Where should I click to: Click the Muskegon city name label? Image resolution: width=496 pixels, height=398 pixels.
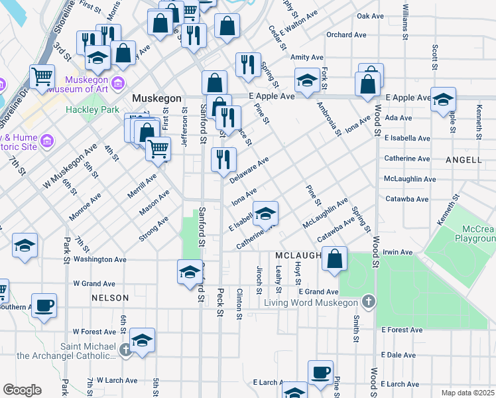click(x=156, y=98)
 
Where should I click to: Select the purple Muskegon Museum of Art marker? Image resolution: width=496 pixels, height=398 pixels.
click(x=119, y=83)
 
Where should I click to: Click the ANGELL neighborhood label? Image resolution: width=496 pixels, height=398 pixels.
click(x=464, y=160)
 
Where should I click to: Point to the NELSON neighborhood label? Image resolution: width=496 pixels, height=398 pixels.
click(x=109, y=298)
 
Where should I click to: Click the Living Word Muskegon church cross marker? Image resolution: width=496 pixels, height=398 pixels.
click(x=369, y=302)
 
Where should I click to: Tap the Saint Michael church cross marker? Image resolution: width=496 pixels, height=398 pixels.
click(x=126, y=348)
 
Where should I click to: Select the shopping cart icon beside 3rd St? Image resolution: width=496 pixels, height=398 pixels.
click(x=42, y=76)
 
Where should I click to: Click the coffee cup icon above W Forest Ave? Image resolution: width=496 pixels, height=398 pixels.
click(x=44, y=305)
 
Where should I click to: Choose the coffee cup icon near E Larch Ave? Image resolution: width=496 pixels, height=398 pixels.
click(x=321, y=372)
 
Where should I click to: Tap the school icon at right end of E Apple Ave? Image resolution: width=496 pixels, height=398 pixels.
click(x=443, y=99)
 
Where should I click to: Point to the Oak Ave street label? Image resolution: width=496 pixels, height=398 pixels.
click(x=370, y=15)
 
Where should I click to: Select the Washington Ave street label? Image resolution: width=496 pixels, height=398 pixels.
click(x=99, y=260)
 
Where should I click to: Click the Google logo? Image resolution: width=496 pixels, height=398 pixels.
click(x=22, y=390)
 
